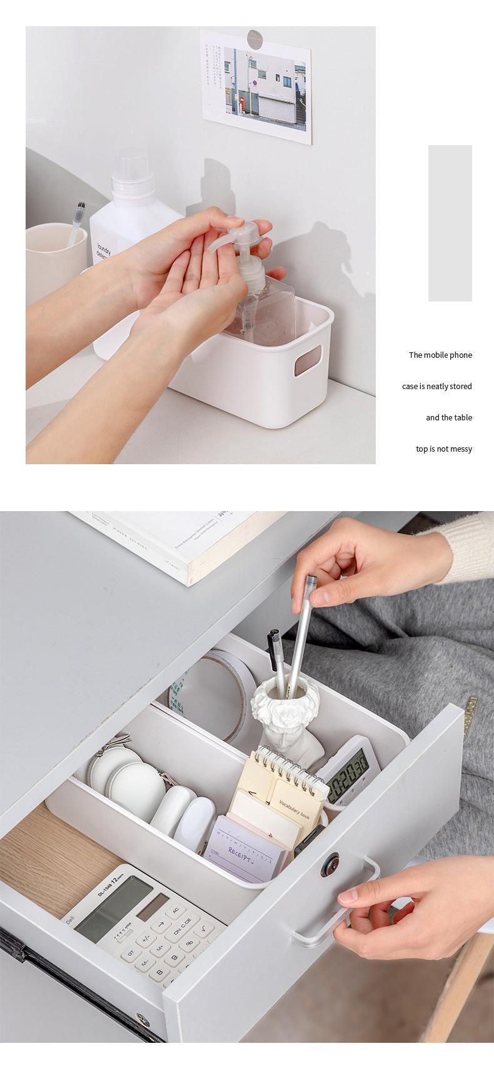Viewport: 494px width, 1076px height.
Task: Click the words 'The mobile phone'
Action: pos(440,355)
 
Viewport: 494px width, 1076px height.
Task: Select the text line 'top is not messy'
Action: pos(444,449)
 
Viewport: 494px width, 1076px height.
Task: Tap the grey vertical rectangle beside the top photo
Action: pos(450,223)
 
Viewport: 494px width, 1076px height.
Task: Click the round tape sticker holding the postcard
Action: pos(255,38)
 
